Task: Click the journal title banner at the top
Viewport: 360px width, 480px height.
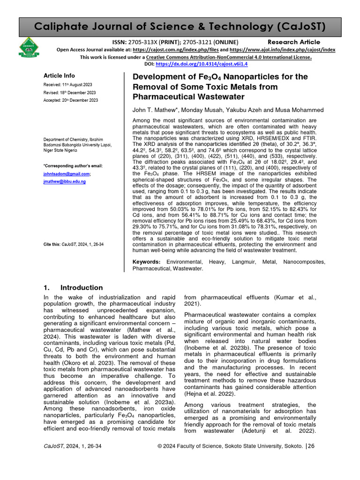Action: pos(180,26)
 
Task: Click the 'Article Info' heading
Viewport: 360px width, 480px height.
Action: pos(59,75)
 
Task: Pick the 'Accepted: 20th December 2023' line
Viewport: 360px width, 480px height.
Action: pos(71,100)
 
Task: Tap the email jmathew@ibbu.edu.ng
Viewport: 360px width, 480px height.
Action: pos(64,181)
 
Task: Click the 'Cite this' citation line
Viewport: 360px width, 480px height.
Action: pos(73,245)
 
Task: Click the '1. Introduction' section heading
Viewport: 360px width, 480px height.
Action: pos(73,287)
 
